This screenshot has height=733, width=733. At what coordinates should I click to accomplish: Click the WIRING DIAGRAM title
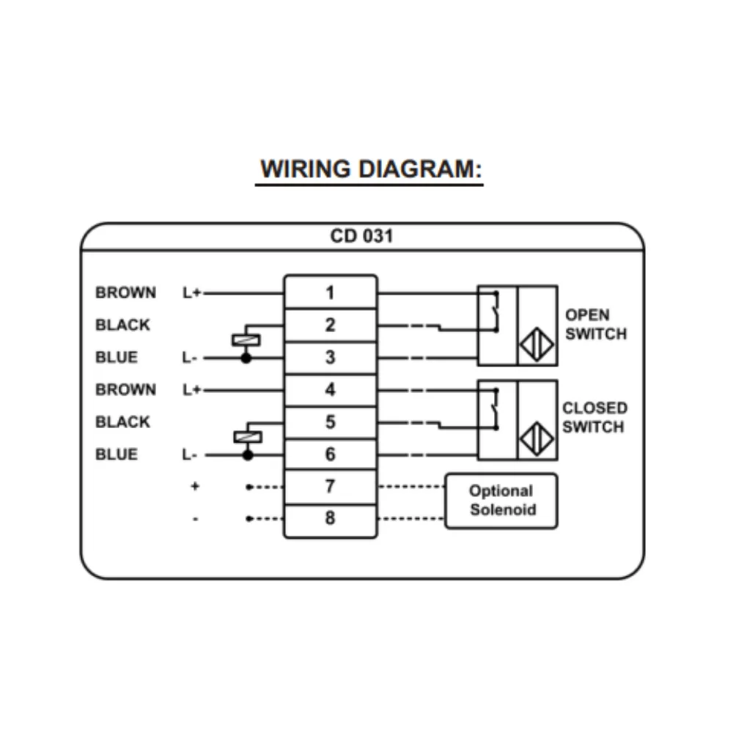click(371, 169)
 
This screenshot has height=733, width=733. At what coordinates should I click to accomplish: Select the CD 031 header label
click(361, 237)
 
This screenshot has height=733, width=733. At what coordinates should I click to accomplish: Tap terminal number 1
click(330, 292)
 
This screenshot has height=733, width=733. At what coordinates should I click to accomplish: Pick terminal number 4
click(330, 389)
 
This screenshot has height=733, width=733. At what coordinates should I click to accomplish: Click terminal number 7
click(330, 486)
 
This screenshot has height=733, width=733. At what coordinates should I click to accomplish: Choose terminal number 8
click(330, 518)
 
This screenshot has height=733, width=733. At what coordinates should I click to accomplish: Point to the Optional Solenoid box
click(501, 501)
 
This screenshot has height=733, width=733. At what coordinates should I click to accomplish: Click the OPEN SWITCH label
click(596, 325)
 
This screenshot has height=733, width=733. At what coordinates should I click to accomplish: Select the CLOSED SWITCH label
click(594, 418)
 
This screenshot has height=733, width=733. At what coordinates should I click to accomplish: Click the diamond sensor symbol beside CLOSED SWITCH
click(537, 439)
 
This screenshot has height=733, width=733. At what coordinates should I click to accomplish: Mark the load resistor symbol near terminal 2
click(246, 340)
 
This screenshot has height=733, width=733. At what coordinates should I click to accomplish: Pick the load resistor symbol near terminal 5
click(247, 437)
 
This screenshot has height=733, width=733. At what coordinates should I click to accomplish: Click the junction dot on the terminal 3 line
click(246, 358)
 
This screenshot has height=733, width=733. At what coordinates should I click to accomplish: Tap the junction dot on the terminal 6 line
click(248, 455)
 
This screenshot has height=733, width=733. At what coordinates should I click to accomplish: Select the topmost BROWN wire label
click(125, 292)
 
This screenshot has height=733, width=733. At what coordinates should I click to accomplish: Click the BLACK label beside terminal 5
click(122, 422)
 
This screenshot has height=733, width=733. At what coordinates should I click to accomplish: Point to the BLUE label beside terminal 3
click(116, 358)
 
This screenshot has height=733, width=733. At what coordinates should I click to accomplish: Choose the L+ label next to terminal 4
click(191, 389)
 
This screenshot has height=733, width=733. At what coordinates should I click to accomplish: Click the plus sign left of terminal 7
click(195, 486)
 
